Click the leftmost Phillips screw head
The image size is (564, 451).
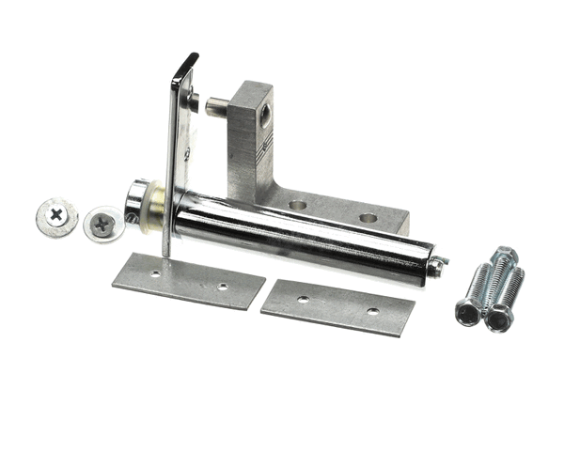coord(56,215)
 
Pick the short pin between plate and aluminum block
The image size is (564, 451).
coord(215,103)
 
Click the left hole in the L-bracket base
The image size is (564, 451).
coord(298,204)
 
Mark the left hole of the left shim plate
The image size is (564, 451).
coord(155,274)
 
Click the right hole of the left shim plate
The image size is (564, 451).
coord(223,287)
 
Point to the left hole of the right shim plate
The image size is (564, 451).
coord(303,299)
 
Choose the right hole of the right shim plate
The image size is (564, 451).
coord(372,311)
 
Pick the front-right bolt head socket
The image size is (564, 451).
coord(497,319)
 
